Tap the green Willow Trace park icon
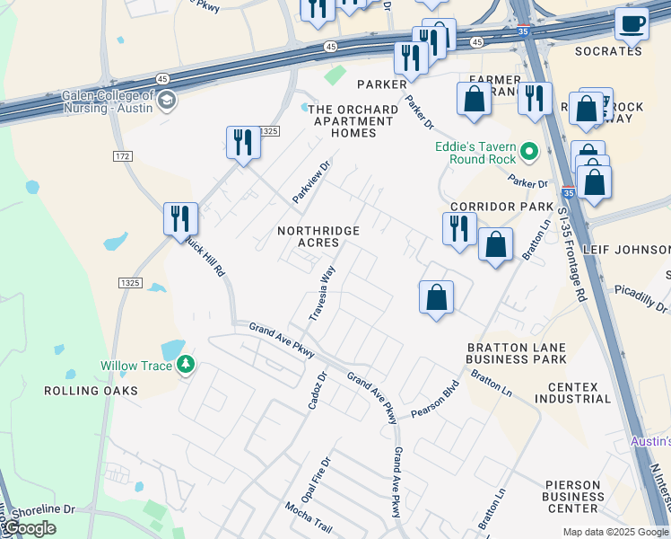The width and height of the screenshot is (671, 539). [186, 365]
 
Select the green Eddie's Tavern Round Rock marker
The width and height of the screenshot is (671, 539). [529, 153]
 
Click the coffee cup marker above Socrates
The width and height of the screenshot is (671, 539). [633, 24]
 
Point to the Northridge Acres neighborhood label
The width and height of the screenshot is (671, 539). [318, 237]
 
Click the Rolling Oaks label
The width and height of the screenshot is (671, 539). [91, 391]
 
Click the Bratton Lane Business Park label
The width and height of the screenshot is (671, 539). [516, 353]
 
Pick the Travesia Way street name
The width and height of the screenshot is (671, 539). [322, 292]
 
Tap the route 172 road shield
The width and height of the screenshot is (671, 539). [123, 156]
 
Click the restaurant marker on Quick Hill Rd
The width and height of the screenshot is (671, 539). [180, 218]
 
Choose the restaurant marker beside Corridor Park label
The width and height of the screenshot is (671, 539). [458, 228]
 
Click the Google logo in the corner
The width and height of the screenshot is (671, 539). [28, 528]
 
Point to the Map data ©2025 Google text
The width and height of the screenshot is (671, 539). [614, 532]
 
